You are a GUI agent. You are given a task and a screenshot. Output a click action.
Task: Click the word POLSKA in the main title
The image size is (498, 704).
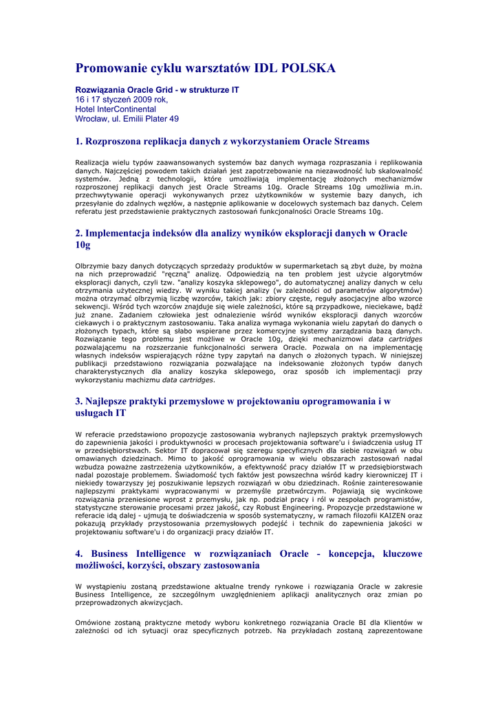(305, 68)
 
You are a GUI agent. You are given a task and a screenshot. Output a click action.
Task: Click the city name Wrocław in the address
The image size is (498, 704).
(91, 119)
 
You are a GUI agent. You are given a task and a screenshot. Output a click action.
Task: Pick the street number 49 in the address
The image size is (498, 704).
(173, 119)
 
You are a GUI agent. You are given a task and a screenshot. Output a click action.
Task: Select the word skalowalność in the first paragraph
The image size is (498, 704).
(398, 170)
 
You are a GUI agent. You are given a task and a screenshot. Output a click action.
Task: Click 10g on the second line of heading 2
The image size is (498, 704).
(83, 245)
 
